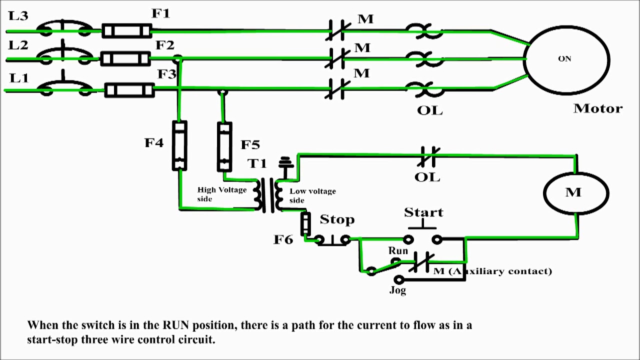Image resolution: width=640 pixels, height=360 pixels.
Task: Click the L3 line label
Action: click(18, 16)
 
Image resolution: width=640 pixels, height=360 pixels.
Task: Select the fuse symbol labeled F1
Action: click(126, 31)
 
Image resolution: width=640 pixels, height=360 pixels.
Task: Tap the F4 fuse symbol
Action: click(179, 145)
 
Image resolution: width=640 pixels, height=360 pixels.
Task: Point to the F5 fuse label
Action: click(250, 145)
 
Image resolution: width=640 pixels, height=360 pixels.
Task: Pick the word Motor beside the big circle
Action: click(597, 108)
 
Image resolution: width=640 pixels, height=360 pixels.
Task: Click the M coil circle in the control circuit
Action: click(576, 193)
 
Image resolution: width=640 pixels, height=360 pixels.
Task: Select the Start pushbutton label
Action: click(423, 212)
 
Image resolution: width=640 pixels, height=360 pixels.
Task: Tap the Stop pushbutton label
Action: click(337, 219)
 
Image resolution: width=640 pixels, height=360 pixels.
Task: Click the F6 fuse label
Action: click(283, 239)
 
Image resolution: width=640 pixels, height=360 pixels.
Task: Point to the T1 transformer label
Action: click(257, 163)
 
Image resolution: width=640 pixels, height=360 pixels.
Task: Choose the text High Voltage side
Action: click(221, 194)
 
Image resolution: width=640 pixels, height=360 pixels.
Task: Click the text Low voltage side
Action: click(312, 195)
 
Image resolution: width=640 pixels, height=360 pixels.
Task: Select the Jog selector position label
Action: click(397, 290)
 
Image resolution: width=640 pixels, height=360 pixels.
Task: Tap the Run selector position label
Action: click(398, 250)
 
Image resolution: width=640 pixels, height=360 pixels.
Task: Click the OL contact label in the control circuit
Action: click(427, 177)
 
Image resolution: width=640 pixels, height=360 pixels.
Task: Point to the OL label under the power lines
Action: click(429, 110)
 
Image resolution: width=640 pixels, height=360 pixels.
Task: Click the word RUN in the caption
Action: click(175, 325)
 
